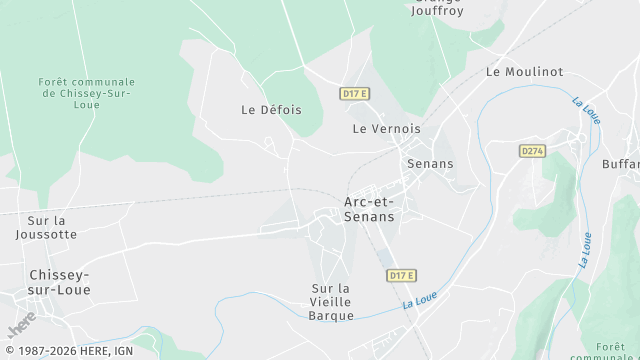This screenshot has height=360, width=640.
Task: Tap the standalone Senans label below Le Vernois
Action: point(430,163)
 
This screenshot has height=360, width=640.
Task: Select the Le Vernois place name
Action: point(386,129)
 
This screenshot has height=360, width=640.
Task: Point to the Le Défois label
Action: point(271,110)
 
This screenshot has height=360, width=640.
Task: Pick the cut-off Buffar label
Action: point(621,163)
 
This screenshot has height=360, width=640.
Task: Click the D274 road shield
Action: point(532,151)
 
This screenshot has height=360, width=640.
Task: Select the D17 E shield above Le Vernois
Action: point(355,94)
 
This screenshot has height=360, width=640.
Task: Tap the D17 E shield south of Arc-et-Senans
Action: point(400,275)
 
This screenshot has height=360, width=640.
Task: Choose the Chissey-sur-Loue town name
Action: point(60,282)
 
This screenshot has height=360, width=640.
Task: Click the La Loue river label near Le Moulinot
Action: point(586,111)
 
